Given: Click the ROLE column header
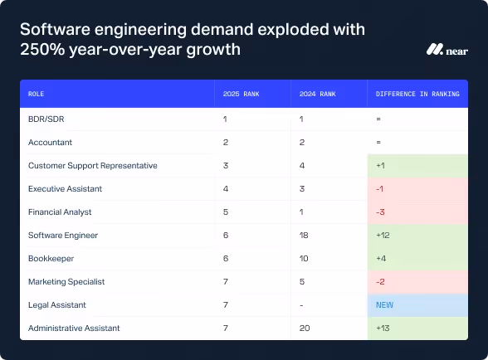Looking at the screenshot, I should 37,95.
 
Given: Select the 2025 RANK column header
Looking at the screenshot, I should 242,95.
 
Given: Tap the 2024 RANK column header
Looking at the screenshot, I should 318,95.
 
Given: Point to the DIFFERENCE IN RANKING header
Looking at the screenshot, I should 417,95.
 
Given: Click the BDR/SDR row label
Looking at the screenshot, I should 46,119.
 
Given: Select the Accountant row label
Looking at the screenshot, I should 50,142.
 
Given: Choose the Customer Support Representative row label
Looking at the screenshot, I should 92,165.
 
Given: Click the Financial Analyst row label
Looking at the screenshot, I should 60,212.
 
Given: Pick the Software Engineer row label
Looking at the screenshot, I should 63,235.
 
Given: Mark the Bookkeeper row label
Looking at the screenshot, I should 51,258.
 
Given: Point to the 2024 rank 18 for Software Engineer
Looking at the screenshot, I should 305,235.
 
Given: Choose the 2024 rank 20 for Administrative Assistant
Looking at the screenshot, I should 305,328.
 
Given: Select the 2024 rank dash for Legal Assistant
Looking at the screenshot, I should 302,304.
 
